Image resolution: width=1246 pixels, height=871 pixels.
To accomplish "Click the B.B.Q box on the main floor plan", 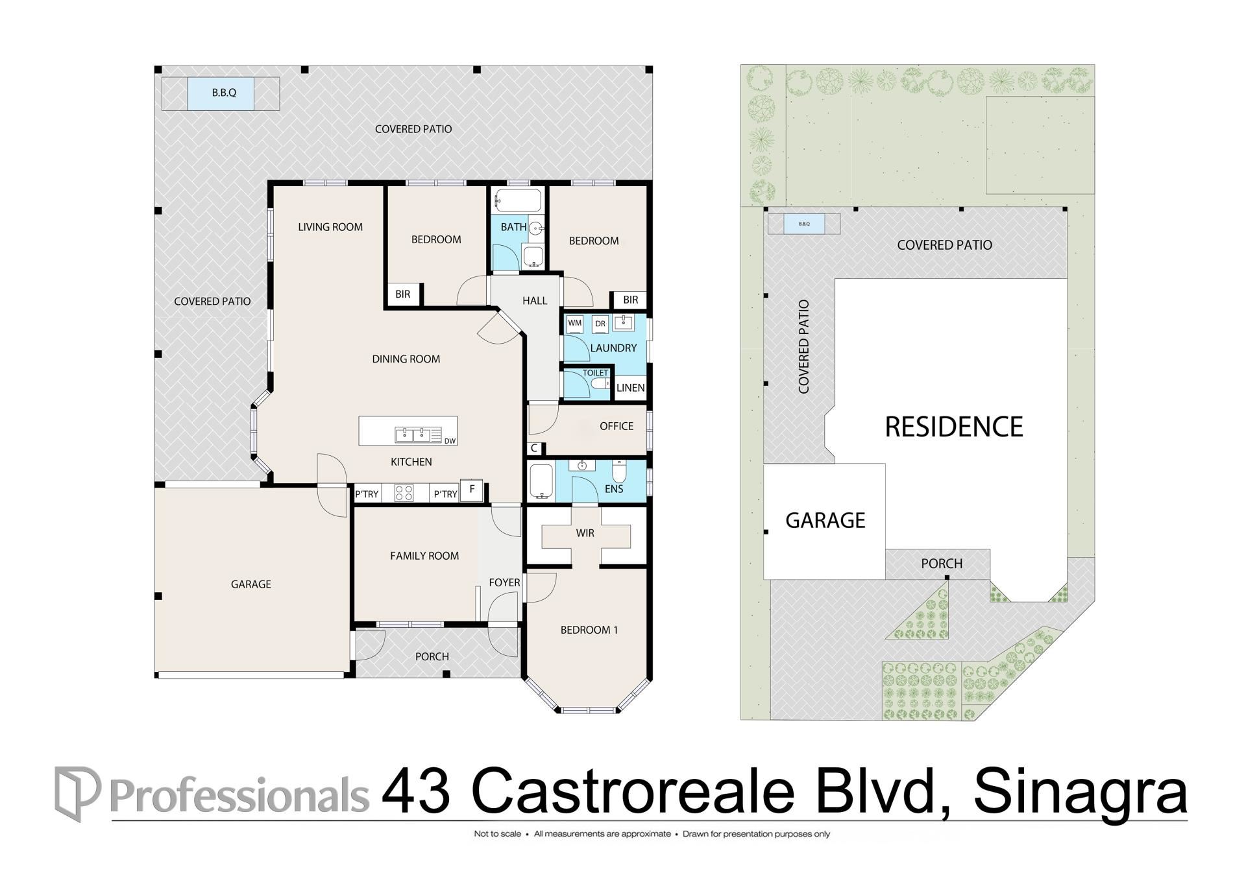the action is [x=224, y=93].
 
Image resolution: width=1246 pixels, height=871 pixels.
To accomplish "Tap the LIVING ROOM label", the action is [x=330, y=227].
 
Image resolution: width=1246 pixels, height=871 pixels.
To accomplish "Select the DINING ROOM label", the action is [x=406, y=359].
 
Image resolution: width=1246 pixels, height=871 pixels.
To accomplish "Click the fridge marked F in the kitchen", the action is [x=472, y=489].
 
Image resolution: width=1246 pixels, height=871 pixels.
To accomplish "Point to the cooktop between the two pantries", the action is [x=404, y=493].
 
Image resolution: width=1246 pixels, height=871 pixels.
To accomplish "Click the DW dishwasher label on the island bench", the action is [x=450, y=441].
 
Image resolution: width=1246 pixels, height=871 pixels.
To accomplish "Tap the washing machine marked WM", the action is [x=575, y=323].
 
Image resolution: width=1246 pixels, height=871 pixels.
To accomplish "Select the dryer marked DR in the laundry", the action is [x=600, y=324].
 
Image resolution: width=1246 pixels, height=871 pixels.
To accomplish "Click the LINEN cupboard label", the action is [x=630, y=388].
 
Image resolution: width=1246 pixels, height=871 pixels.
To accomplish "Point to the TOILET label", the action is [x=595, y=373].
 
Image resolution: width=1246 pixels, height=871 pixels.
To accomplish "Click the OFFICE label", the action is [x=617, y=426].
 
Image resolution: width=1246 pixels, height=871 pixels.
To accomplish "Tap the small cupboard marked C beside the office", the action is [x=534, y=448].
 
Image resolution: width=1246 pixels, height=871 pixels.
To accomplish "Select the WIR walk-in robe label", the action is [x=585, y=533].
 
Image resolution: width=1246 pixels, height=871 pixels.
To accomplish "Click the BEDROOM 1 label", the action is [x=589, y=630].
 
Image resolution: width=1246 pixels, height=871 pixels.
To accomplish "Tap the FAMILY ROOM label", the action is [x=424, y=556].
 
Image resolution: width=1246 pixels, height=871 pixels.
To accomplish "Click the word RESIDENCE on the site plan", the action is [x=954, y=427].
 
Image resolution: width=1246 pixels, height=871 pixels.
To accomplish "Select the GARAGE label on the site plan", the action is [x=825, y=520].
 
